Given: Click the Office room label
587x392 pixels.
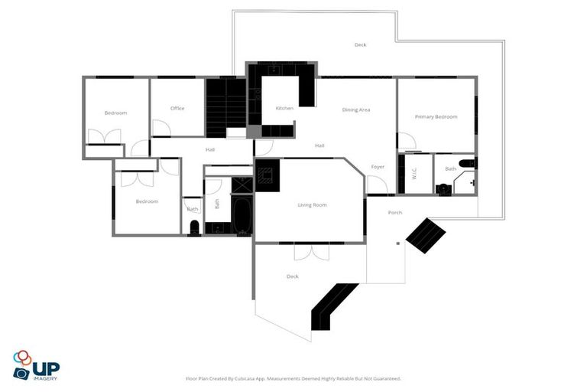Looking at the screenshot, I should (x=177, y=108).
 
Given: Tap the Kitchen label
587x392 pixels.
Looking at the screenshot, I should (x=284, y=108).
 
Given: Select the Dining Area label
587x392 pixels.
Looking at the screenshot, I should (x=356, y=109).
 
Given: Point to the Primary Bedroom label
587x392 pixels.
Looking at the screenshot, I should (x=436, y=116).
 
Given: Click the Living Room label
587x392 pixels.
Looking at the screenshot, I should (x=312, y=204).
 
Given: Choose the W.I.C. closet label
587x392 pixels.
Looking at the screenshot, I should (x=413, y=173).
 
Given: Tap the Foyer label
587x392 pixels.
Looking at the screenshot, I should (x=378, y=166).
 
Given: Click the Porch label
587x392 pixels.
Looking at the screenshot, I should (x=395, y=212).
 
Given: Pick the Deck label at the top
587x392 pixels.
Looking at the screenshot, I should (x=360, y=44).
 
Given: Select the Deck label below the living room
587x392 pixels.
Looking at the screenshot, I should (x=292, y=276).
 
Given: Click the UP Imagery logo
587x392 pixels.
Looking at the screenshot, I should (x=35, y=365).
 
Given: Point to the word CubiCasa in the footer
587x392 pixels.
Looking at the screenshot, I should (x=258, y=378).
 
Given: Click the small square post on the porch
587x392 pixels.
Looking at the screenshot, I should (x=397, y=244).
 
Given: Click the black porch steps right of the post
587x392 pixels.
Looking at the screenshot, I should (x=426, y=234).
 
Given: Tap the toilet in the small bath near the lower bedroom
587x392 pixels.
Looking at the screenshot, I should (x=194, y=227).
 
